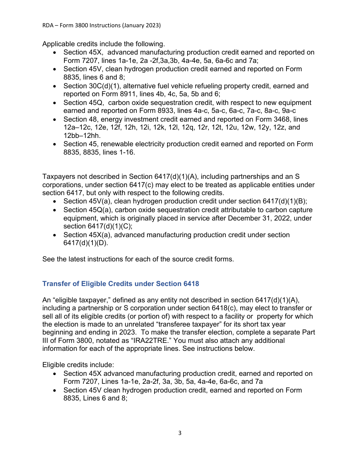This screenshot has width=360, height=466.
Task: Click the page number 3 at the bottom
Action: (180, 433)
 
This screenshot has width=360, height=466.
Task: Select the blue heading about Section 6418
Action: (121, 284)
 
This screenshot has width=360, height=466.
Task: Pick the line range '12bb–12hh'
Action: (80, 136)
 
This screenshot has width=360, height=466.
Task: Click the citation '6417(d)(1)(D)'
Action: (85, 243)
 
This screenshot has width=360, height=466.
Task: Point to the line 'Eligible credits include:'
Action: (78, 365)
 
